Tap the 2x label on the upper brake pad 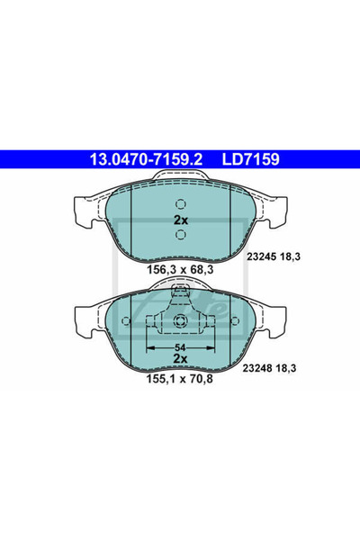180,220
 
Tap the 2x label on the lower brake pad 180,357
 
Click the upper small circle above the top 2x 180,202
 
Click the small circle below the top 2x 180,235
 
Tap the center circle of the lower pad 180,323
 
